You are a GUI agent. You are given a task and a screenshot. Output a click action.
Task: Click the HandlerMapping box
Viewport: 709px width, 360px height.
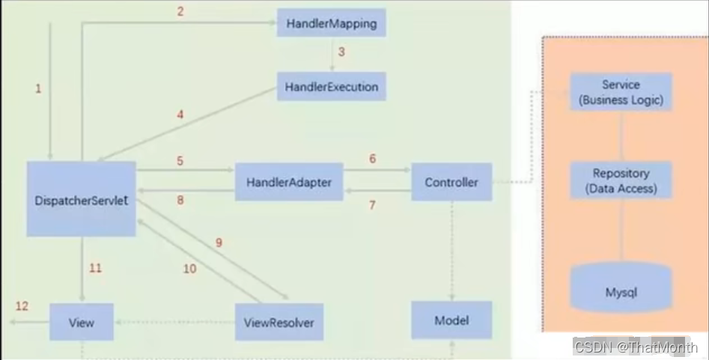click(331, 23)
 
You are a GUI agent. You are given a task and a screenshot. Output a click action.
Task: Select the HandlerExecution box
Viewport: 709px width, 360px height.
click(331, 87)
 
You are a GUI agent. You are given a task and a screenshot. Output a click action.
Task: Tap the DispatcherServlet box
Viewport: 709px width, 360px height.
click(81, 199)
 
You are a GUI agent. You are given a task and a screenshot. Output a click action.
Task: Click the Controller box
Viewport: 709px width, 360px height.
click(451, 182)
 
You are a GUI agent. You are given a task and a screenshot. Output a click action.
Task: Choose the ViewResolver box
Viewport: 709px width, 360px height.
click(279, 323)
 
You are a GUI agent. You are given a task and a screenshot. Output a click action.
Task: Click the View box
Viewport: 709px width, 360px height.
click(81, 323)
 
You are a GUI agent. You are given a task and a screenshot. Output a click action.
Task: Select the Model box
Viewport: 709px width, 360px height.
click(451, 320)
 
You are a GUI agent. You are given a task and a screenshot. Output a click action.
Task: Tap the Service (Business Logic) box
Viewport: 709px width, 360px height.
click(621, 92)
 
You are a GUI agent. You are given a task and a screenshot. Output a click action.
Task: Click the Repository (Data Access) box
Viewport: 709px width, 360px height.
click(621, 180)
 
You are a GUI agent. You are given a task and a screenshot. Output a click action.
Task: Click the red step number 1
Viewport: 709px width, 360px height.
click(38, 88)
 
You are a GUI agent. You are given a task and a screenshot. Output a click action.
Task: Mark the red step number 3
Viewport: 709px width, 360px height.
click(341, 52)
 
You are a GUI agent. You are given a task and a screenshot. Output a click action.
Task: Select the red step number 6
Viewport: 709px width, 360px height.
click(371, 159)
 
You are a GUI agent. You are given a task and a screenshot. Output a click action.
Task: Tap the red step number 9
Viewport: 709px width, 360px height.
click(219, 242)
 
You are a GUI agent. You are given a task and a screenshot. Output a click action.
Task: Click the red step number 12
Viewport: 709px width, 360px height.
click(22, 305)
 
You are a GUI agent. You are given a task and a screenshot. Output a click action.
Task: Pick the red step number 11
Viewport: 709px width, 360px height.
click(95, 268)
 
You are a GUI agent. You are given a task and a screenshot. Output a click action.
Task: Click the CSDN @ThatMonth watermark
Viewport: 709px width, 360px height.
click(636, 347)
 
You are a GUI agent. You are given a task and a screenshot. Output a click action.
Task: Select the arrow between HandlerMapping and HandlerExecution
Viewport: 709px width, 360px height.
click(331, 55)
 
